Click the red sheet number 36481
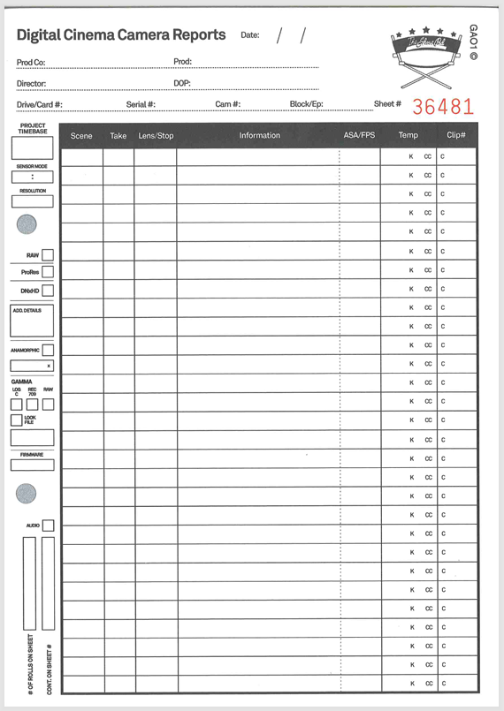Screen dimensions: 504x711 [443, 106]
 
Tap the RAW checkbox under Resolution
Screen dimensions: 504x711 [48, 255]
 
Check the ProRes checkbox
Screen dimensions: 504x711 [48, 272]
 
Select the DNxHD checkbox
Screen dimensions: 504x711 [48, 290]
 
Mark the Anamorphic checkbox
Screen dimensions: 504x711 [48, 351]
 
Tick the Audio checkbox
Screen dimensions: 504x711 [48, 526]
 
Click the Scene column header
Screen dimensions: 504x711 [81, 136]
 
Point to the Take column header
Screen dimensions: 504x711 [118, 136]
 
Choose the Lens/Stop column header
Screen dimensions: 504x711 [156, 136]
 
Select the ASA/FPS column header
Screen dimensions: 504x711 [359, 135]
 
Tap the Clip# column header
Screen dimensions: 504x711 [456, 135]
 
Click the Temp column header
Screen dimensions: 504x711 [408, 135]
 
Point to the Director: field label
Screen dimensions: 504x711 [31, 84]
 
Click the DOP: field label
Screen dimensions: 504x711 [181, 84]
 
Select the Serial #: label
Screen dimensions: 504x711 [141, 104]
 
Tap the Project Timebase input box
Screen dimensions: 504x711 [32, 147]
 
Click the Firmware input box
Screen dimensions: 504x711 [32, 465]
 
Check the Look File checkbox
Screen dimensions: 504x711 [16, 420]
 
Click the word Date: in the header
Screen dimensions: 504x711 [250, 35]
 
